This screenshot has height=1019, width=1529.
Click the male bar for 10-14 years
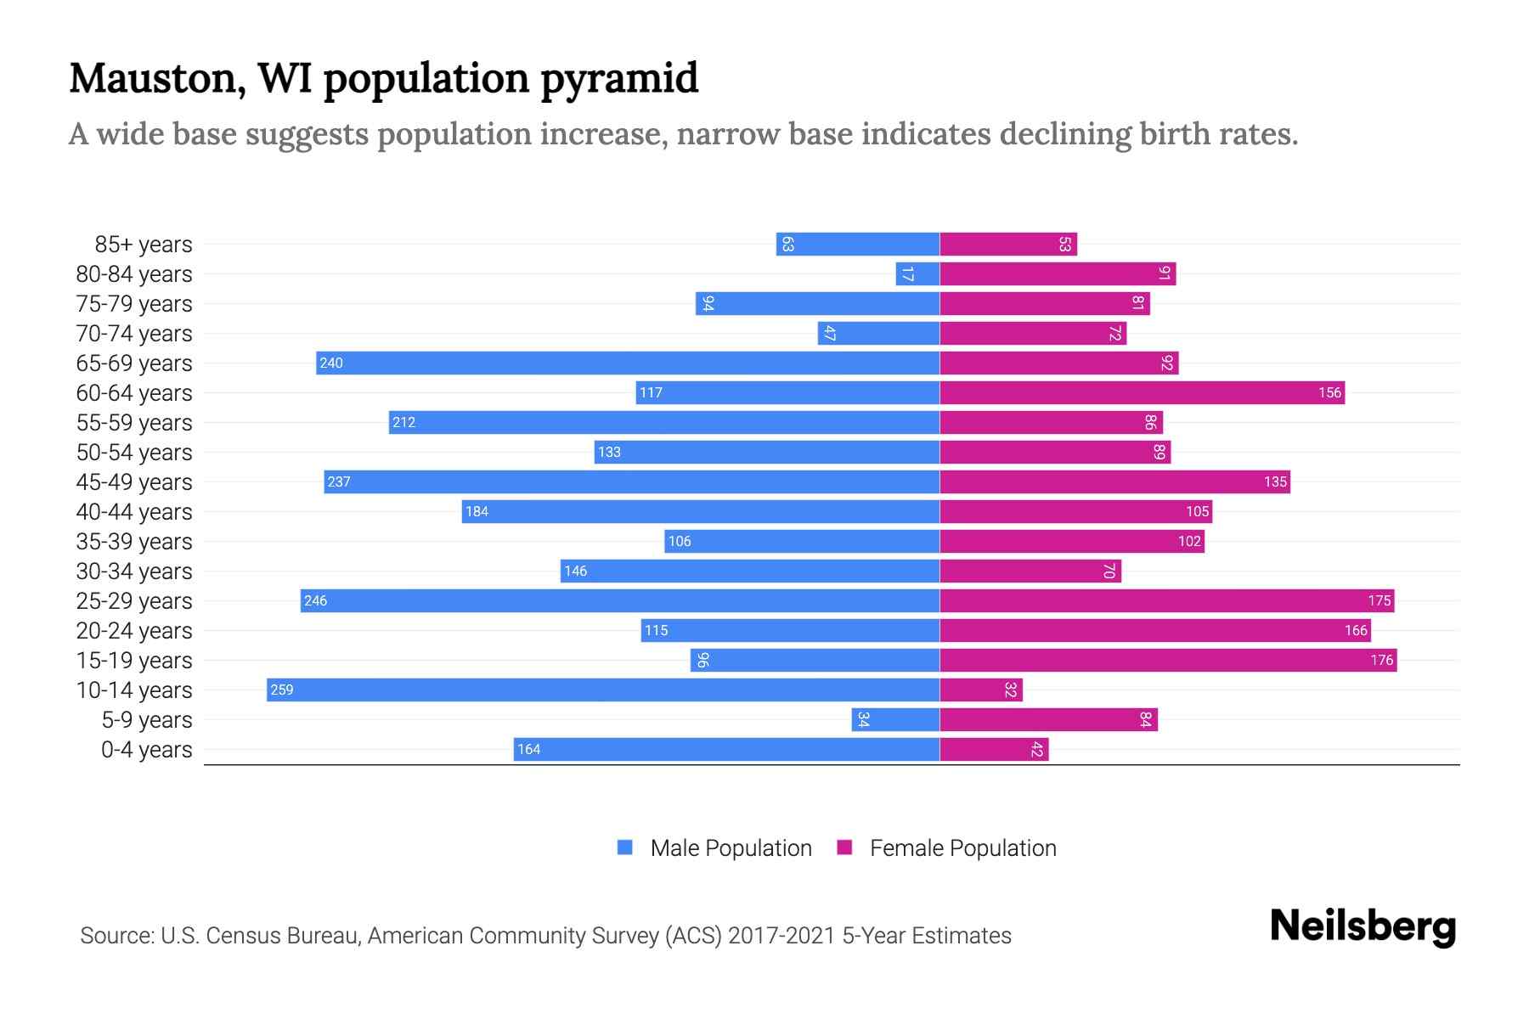click(603, 690)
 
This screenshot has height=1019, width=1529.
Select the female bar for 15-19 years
click(1168, 660)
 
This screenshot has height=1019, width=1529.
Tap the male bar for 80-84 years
click(917, 273)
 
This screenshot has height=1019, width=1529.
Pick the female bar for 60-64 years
click(1142, 392)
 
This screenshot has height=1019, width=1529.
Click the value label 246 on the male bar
click(315, 600)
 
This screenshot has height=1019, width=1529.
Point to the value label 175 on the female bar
click(1379, 600)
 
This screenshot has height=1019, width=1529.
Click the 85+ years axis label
click(144, 245)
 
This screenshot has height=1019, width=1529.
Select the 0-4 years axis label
click(146, 750)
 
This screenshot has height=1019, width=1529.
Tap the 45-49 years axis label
click(134, 482)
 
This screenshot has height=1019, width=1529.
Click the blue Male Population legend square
click(625, 847)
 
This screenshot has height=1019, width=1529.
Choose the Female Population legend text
click(962, 848)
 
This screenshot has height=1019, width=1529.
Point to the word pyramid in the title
click(619, 80)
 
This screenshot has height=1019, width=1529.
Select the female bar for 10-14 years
click(981, 690)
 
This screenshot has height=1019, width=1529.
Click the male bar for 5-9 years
click(895, 719)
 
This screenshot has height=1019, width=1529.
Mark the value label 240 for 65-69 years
click(330, 363)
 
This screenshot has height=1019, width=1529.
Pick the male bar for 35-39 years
click(802, 541)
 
